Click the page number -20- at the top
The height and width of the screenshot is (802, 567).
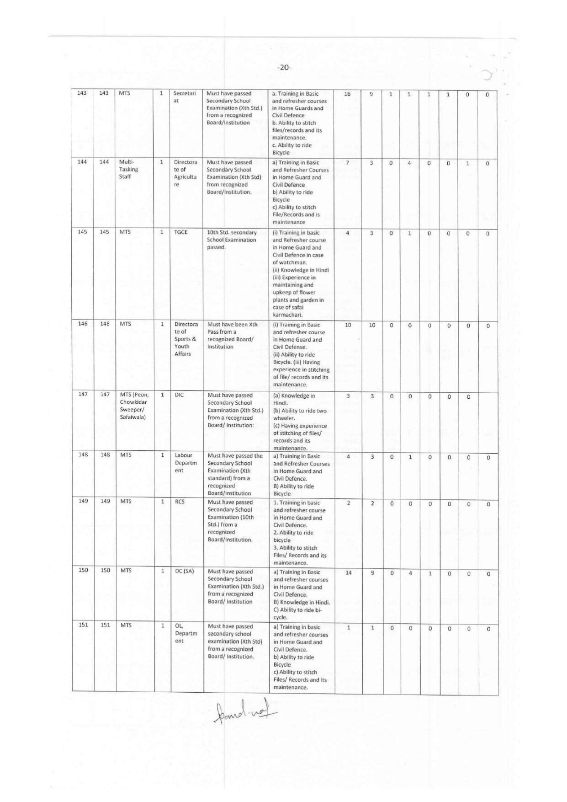pos(284,68)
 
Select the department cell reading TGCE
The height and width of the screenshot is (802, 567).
pos(181,232)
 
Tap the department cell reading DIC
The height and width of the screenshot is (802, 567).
pos(179,395)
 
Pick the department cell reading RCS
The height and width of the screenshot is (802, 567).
pos(180,502)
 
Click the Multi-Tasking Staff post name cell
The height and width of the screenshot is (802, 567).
pos(128,169)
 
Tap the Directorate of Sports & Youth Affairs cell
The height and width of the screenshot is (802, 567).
pos(185,339)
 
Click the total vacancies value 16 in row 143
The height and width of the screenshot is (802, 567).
pos(347,94)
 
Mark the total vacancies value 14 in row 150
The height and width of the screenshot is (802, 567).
pos(348,572)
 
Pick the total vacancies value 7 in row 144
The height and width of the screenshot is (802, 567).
pos(348,163)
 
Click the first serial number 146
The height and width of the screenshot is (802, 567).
pos(83,324)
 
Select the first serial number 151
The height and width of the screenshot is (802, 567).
pos(83,625)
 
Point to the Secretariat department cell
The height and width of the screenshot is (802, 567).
pos(184,97)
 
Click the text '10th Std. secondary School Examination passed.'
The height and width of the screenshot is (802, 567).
pos(232,240)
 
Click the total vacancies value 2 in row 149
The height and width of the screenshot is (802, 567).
pos(348,503)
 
